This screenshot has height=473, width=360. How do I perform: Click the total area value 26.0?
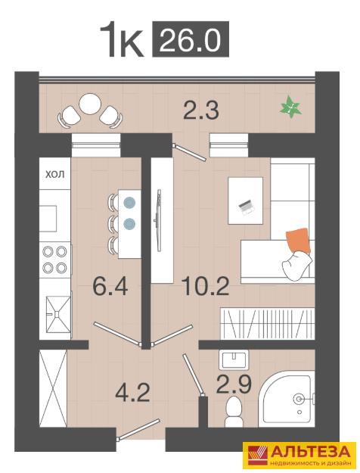(x=191, y=39)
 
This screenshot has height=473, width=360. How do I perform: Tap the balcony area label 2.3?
(x=201, y=110)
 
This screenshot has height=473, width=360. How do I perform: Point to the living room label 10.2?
(x=206, y=286)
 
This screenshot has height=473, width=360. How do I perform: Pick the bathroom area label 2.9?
(x=234, y=384)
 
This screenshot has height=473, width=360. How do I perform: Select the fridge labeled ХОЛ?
(x=55, y=173)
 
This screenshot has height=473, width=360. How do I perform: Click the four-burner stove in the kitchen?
(x=55, y=260)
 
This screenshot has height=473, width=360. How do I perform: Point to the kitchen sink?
(x=57, y=315)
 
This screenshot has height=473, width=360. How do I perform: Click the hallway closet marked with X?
(x=53, y=388)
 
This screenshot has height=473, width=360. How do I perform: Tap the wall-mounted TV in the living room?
(x=158, y=220)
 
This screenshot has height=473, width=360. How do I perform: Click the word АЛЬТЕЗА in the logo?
(x=311, y=452)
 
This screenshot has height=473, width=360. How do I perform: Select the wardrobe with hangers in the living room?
(x=268, y=323)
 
